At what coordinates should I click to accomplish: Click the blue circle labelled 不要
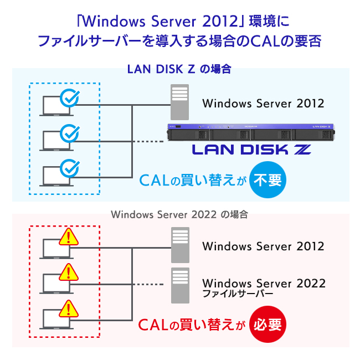point(268,180)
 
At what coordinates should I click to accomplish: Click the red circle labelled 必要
point(268,324)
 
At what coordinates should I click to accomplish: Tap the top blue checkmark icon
point(70,98)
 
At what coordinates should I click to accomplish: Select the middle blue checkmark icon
point(70,133)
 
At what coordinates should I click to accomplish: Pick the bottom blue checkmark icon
point(70,168)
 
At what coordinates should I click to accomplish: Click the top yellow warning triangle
point(69,237)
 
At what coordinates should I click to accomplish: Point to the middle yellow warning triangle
point(69,272)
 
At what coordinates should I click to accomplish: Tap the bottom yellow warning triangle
point(69,308)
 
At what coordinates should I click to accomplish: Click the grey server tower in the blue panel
point(179,102)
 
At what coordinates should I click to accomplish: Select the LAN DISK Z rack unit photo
point(251,132)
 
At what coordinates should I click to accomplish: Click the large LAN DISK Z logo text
point(251,150)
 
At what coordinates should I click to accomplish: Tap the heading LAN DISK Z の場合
point(179,69)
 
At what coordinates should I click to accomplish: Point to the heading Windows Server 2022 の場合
point(179,215)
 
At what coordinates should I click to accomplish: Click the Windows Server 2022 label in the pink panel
point(264,283)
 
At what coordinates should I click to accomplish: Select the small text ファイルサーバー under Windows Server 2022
point(238,294)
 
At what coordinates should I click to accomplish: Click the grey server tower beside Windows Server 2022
point(180,285)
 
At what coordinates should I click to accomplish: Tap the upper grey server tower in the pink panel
point(180,245)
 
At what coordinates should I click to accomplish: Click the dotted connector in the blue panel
point(148,141)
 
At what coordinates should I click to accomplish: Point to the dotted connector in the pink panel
point(148,284)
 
